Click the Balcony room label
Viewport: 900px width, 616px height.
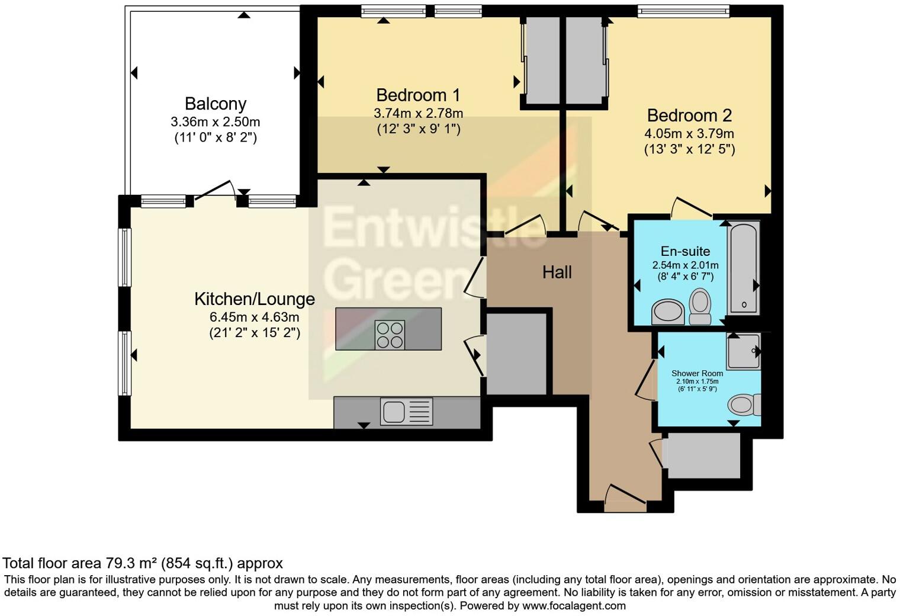click(216, 104)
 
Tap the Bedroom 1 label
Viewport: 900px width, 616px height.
click(418, 95)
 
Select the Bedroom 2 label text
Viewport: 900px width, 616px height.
click(689, 115)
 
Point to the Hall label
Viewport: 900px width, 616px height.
click(557, 272)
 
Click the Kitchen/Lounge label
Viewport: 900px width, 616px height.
click(255, 299)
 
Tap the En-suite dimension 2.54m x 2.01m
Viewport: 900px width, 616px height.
click(686, 265)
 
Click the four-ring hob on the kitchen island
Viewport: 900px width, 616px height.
click(390, 335)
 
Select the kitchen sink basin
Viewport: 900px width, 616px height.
click(394, 412)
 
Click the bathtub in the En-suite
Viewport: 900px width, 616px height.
click(743, 268)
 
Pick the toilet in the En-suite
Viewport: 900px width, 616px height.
click(700, 306)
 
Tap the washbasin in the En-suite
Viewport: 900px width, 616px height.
click(668, 312)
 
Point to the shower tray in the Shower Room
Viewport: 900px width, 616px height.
click(743, 351)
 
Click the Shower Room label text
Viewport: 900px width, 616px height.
click(697, 374)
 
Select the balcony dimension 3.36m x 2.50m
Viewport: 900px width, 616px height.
click(216, 122)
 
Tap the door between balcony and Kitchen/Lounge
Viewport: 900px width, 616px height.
click(215, 190)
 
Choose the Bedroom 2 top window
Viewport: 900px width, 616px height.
click(683, 11)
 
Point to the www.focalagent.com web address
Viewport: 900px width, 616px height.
click(574, 605)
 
